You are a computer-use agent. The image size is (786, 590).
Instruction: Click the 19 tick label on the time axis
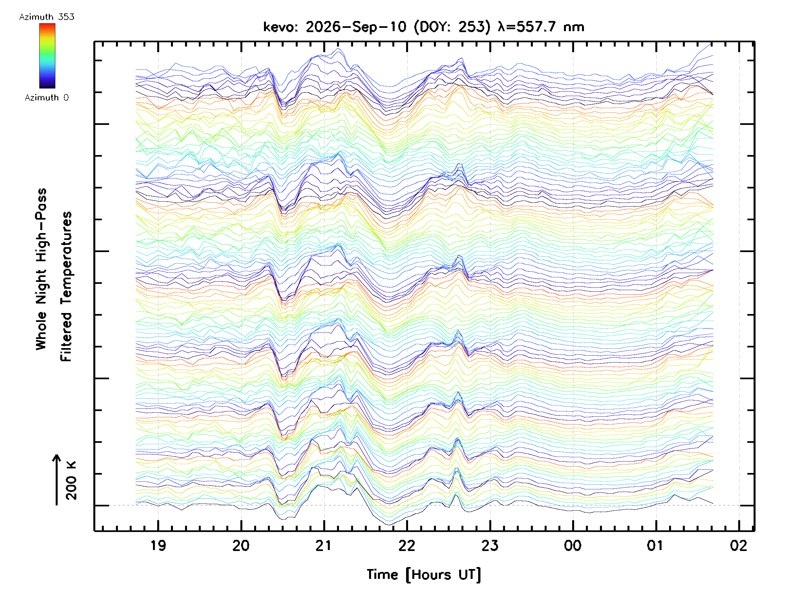click(x=158, y=545)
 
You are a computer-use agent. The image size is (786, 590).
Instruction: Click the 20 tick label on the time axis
click(x=241, y=545)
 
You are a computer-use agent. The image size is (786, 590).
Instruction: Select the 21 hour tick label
click(x=323, y=545)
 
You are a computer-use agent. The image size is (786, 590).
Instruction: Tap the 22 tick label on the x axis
click(x=406, y=545)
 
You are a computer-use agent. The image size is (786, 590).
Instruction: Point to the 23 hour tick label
click(x=490, y=545)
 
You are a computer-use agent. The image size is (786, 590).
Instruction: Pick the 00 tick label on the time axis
click(x=572, y=545)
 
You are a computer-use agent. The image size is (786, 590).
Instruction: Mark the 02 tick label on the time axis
click(x=739, y=545)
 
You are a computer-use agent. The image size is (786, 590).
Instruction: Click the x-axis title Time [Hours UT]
click(x=423, y=575)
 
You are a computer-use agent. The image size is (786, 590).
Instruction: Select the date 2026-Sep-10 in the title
click(x=356, y=27)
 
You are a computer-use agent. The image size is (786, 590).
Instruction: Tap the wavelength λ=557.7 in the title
click(x=527, y=27)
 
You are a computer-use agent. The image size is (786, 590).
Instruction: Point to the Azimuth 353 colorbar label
click(x=47, y=17)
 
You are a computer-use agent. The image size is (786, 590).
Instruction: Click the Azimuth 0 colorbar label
click(x=47, y=97)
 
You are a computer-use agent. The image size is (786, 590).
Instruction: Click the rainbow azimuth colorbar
click(x=47, y=56)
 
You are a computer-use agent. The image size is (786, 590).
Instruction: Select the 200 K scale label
click(x=71, y=481)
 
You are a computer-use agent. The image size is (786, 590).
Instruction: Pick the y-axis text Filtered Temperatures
click(x=66, y=286)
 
